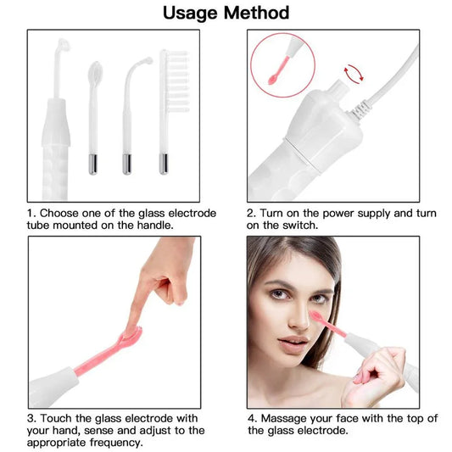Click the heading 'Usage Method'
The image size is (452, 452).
point(226,13)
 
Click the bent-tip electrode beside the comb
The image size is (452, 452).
point(129,106)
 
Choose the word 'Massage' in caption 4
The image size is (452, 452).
point(289,417)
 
